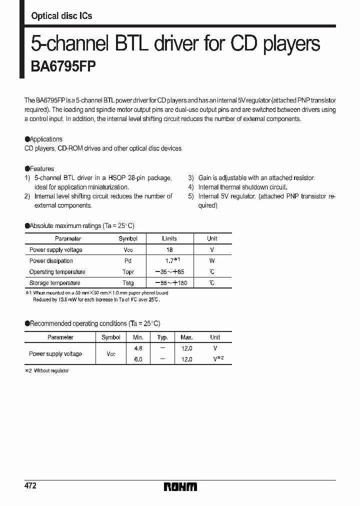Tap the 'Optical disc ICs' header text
click(x=61, y=16)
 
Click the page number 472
click(x=30, y=486)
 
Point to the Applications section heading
click(x=44, y=139)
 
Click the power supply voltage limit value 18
click(x=169, y=249)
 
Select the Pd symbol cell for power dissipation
click(x=128, y=260)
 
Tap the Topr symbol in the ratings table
click(x=128, y=271)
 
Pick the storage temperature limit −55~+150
click(x=169, y=283)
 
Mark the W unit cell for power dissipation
click(x=212, y=260)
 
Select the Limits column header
click(x=169, y=238)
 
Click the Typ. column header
click(x=162, y=337)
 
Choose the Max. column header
click(x=186, y=337)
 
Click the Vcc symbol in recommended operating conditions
click(x=111, y=354)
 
